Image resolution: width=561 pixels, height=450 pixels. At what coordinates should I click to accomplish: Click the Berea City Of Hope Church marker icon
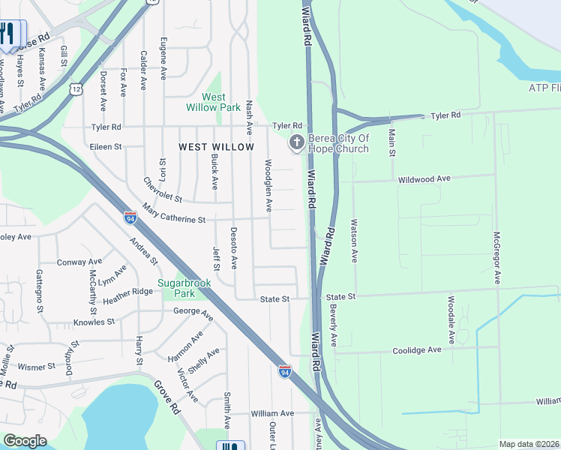(x=297, y=142)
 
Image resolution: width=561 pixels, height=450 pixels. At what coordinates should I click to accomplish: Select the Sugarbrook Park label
(x=186, y=288)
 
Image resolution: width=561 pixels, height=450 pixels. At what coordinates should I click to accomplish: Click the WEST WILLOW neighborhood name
(x=217, y=147)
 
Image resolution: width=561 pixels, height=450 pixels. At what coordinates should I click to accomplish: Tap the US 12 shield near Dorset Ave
(x=76, y=89)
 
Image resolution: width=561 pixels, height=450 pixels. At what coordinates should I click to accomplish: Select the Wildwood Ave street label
(x=424, y=179)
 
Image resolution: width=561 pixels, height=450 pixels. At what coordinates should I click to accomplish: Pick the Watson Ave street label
(x=353, y=240)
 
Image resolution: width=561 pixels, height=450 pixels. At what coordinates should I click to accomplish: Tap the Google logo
(x=25, y=441)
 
